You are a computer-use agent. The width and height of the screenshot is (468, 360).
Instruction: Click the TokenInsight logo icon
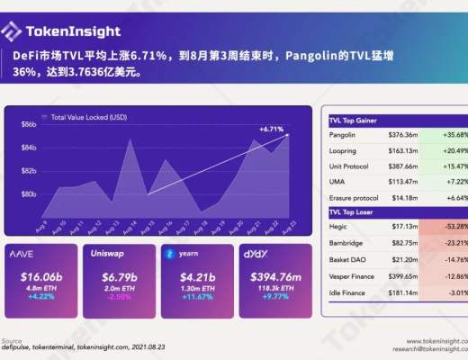[12, 33]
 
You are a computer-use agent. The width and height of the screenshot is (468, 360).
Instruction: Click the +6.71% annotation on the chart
[272, 129]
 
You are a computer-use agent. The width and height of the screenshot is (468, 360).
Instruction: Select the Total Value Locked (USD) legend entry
[88, 117]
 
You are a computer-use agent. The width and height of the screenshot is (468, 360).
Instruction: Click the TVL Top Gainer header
[355, 120]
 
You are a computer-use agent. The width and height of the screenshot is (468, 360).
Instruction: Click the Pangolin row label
[345, 135]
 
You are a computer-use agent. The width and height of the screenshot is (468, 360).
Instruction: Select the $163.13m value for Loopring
[402, 150]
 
